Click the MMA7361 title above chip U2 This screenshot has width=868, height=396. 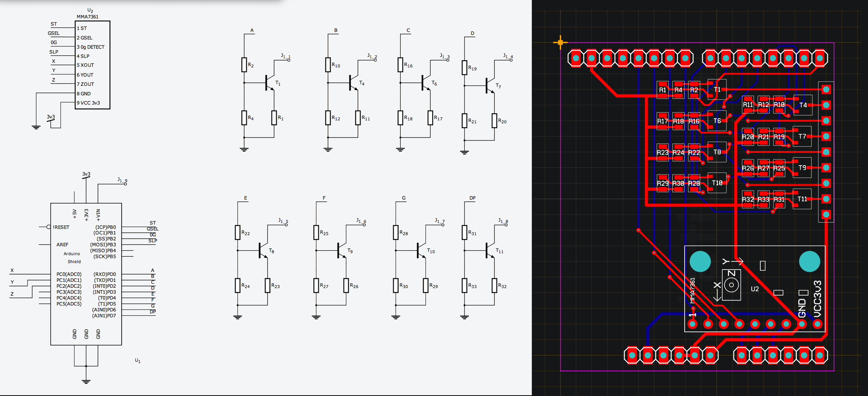coord(88,17)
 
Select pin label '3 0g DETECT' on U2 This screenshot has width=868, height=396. coord(91,47)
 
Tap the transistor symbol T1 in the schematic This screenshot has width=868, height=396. coord(269,83)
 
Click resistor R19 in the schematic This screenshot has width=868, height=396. coord(464,67)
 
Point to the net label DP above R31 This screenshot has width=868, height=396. coord(472,198)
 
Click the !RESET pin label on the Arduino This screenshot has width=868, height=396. coord(61,227)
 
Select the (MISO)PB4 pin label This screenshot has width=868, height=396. coord(103,251)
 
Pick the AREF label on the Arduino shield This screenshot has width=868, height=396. coord(62,245)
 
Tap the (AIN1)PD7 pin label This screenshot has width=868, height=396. coord(104,316)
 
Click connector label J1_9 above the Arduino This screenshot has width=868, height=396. coord(122,180)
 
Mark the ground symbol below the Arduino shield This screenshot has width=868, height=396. coord(86,381)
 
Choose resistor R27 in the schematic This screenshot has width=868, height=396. coord(316,285)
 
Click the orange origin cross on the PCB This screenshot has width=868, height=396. coord(560,43)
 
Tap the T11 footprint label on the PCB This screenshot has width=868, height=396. coord(802,199)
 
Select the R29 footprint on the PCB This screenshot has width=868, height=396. coord(662,183)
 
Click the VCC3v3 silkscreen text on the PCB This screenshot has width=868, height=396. coord(817,299)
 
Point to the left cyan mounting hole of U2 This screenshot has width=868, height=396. coord(700,261)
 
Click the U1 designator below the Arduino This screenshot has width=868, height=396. coord(138,361)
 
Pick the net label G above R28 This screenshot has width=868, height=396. coord(404,198)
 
